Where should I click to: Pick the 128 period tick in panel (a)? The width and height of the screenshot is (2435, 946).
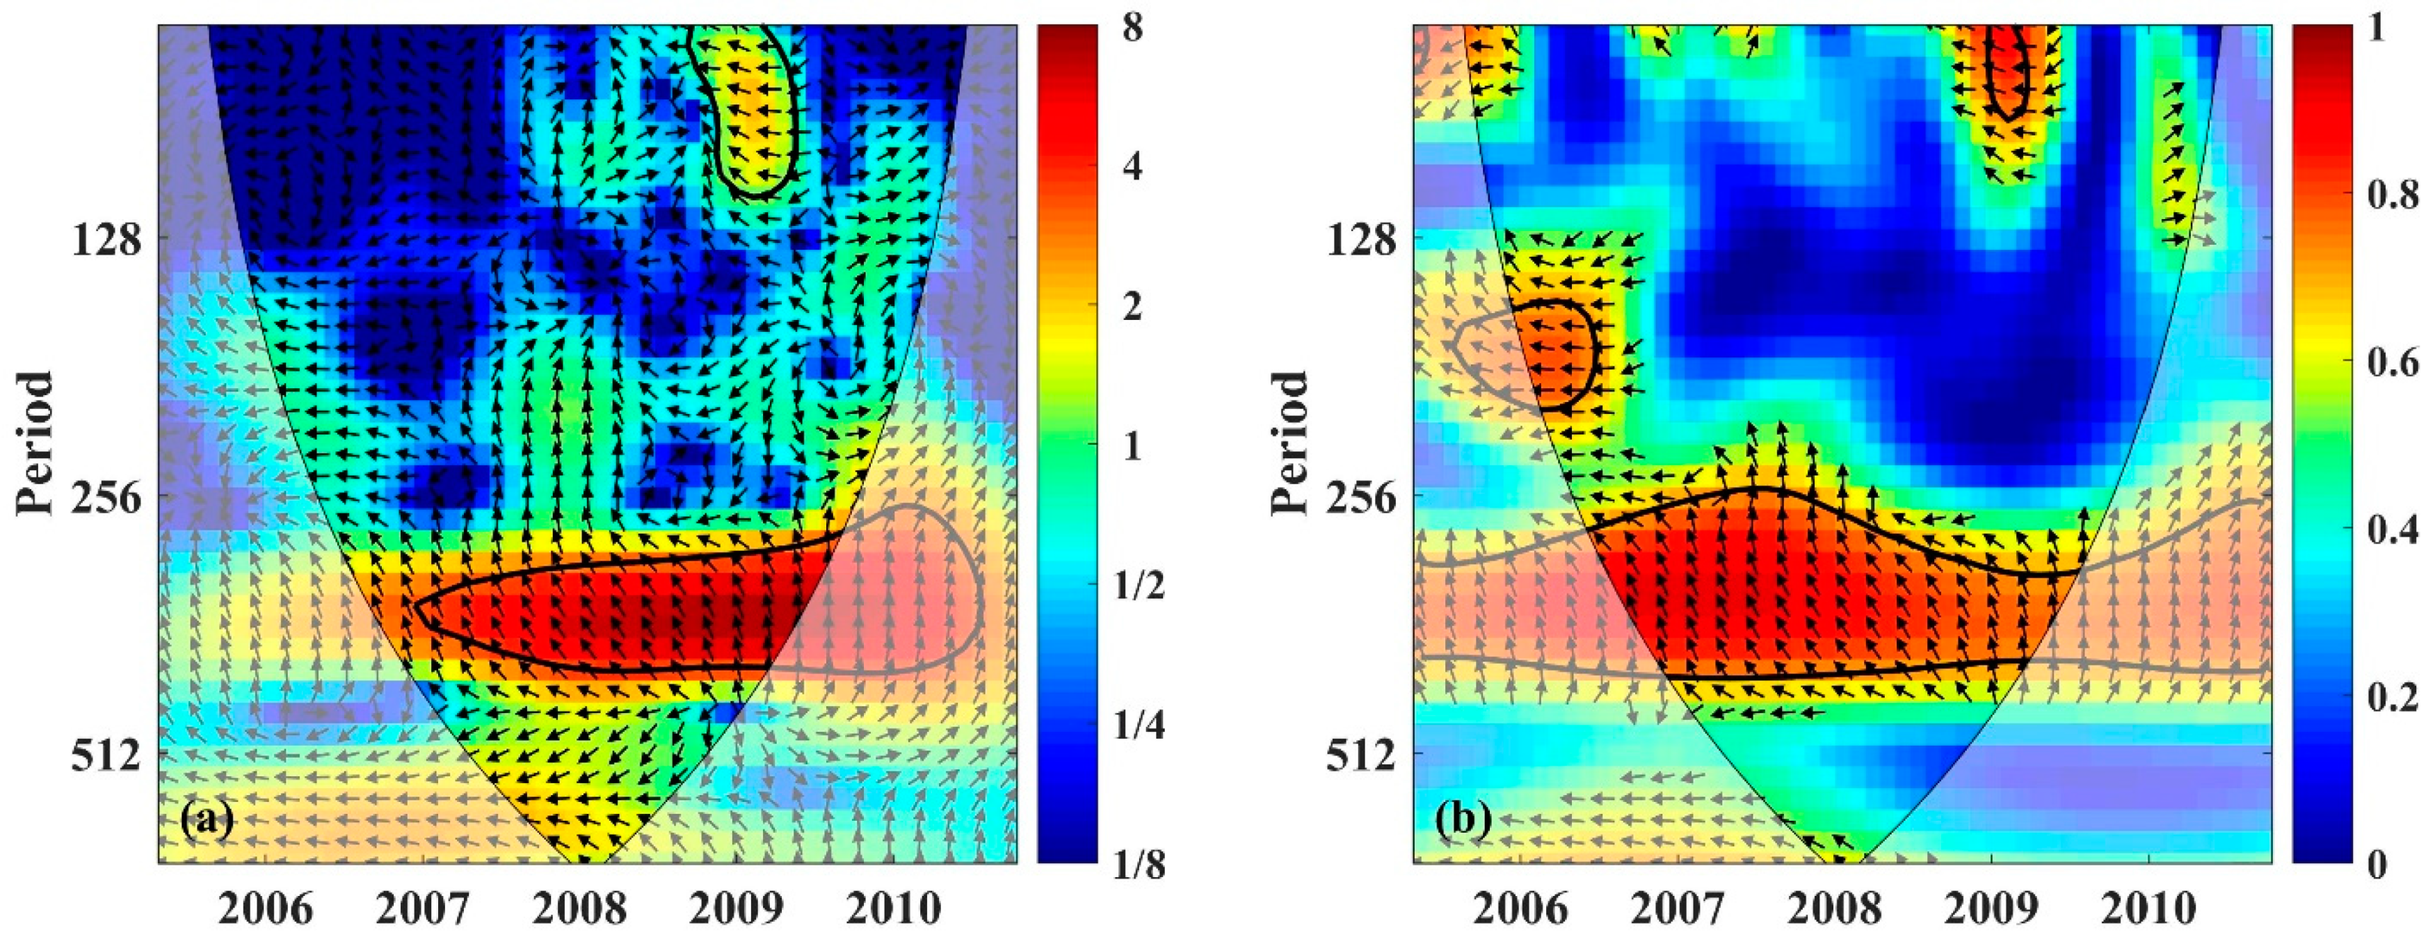click(106, 241)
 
